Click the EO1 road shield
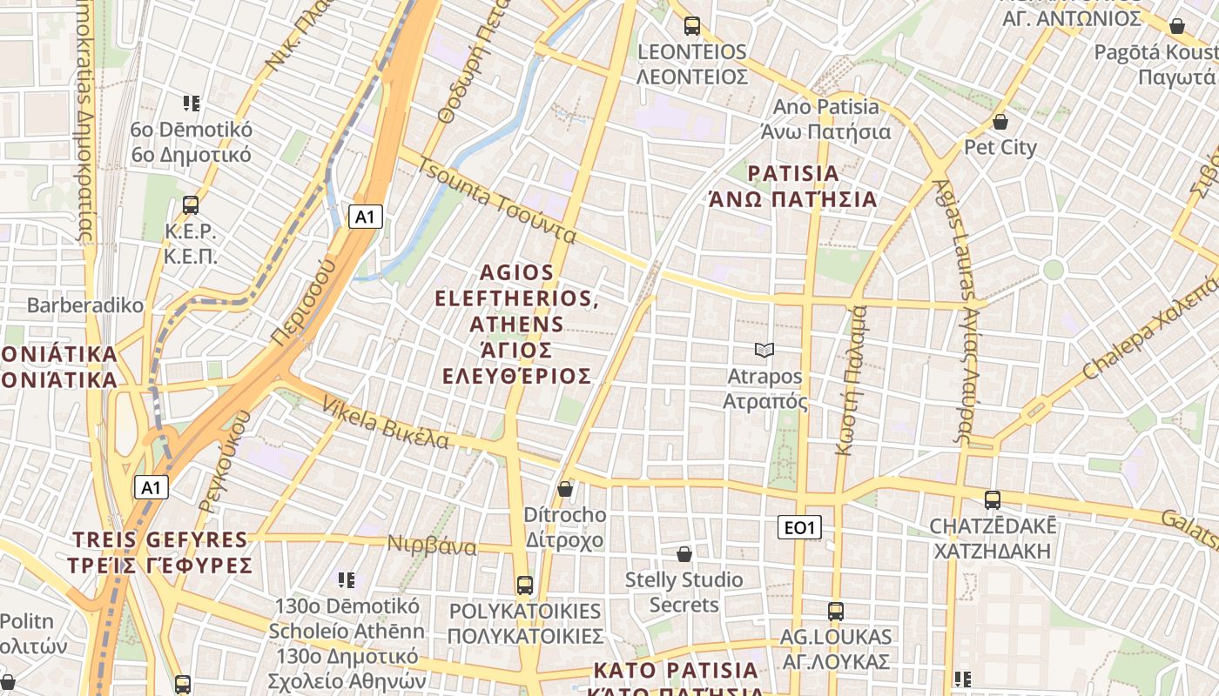(x=798, y=527)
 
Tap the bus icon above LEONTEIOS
(x=692, y=26)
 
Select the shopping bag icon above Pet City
(x=1000, y=122)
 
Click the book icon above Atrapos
(x=764, y=350)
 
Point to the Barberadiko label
(x=85, y=305)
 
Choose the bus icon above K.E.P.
(x=191, y=205)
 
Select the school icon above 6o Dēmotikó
(x=192, y=104)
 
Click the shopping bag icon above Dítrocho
(x=565, y=489)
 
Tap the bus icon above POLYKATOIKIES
(x=524, y=585)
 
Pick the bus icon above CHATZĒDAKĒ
(x=993, y=500)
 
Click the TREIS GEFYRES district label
(x=161, y=552)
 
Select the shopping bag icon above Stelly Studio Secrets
(x=684, y=554)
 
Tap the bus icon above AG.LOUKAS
(x=836, y=611)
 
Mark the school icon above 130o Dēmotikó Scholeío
(x=347, y=579)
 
